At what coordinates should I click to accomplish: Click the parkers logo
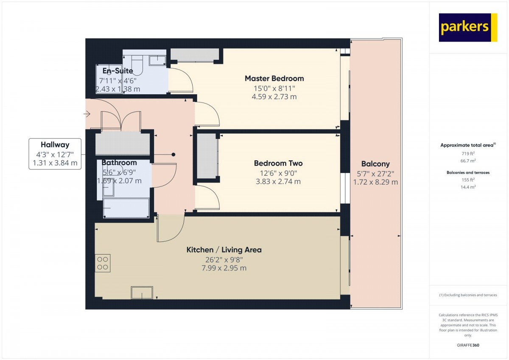[x=467, y=28]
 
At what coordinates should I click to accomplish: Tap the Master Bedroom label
[x=274, y=79]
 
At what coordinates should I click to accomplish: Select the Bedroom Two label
[x=278, y=163]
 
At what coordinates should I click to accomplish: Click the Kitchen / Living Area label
[x=224, y=250]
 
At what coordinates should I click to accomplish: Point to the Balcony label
[x=375, y=164]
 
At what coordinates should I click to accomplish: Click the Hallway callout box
[x=55, y=154]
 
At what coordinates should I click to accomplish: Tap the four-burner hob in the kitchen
[x=102, y=263]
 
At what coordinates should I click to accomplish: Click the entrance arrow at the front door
[x=87, y=114]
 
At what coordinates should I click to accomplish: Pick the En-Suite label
[x=117, y=71]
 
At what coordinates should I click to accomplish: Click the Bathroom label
[x=119, y=163]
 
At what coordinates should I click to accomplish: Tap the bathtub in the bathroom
[x=126, y=208]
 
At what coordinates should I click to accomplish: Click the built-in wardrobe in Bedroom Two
[x=207, y=157]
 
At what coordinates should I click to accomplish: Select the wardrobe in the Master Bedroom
[x=195, y=55]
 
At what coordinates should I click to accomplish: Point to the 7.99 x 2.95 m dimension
[x=224, y=268]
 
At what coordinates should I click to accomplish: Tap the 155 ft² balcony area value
[x=468, y=180]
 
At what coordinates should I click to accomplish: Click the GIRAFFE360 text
[x=468, y=345]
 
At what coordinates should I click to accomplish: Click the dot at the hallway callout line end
[x=173, y=155]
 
